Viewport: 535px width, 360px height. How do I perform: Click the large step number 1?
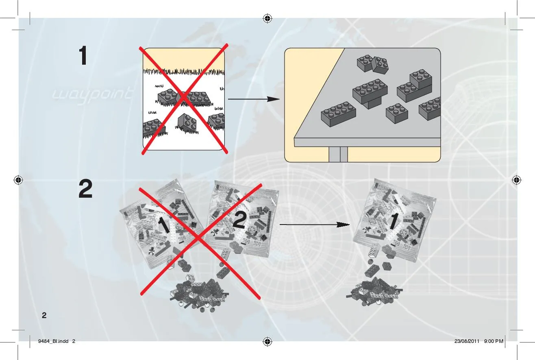click(83, 56)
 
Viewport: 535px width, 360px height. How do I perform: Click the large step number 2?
click(85, 189)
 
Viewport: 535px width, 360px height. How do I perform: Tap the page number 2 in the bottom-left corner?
click(44, 315)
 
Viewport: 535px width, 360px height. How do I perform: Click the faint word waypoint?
click(92, 94)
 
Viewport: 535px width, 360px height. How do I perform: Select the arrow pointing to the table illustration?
click(254, 99)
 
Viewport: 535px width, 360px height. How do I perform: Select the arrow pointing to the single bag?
click(315, 225)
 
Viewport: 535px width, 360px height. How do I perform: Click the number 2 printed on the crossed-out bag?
click(239, 220)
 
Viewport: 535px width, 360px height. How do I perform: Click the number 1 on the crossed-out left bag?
click(165, 225)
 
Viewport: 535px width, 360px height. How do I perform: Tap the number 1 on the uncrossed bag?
click(394, 221)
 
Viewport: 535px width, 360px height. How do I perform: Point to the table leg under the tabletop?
click(338, 154)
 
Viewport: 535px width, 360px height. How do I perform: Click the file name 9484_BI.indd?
click(53, 341)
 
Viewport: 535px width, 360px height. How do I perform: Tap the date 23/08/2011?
click(467, 341)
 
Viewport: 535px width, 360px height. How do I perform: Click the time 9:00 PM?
click(494, 341)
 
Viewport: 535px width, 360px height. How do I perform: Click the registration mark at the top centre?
click(267, 18)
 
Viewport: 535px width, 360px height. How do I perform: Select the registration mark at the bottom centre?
click(267, 341)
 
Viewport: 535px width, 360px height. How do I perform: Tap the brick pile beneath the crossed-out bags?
click(200, 293)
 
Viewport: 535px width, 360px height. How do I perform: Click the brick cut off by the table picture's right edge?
click(430, 108)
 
